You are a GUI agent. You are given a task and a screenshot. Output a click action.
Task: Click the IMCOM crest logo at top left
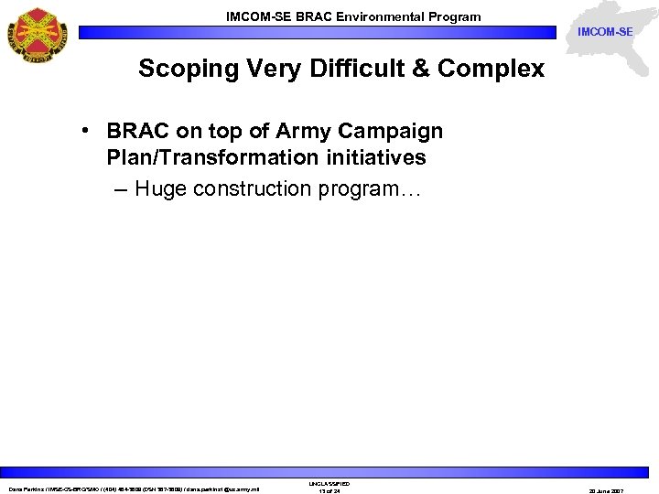tap(38, 34)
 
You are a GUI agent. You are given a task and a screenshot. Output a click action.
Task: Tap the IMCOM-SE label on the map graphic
tap(605, 32)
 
